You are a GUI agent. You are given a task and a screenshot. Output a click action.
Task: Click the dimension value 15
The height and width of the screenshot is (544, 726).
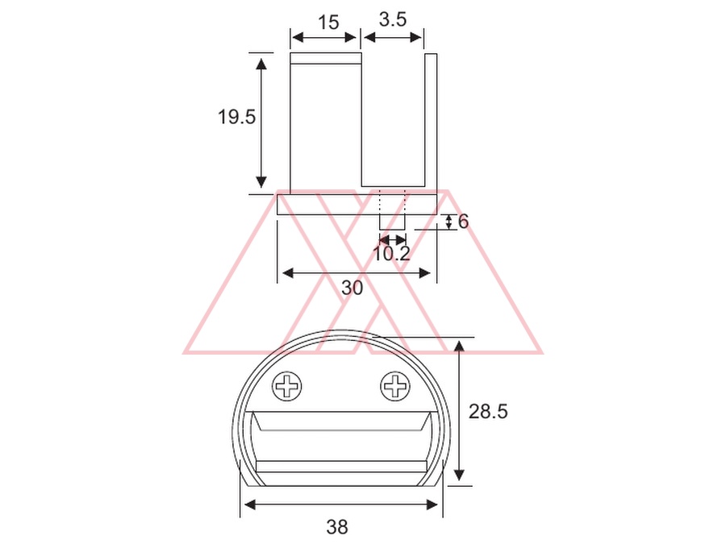[329, 23]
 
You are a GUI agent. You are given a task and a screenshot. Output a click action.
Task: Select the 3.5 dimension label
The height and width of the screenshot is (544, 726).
[393, 19]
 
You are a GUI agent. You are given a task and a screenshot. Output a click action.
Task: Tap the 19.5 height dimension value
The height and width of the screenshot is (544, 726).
[236, 117]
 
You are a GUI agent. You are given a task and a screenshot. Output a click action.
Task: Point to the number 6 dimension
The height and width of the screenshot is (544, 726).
[463, 222]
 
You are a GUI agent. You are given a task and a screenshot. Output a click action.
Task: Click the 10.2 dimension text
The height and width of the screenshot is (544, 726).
[391, 254]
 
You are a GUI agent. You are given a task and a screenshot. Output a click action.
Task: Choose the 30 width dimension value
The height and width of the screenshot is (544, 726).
[353, 288]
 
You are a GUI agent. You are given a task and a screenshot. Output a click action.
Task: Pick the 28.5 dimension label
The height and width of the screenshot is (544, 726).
[488, 411]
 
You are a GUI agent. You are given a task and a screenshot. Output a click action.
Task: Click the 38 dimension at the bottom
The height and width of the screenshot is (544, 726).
[337, 526]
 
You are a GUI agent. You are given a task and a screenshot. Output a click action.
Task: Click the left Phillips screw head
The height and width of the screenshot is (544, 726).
[287, 386]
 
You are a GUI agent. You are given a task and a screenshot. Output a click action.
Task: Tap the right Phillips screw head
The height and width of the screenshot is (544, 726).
[395, 386]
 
